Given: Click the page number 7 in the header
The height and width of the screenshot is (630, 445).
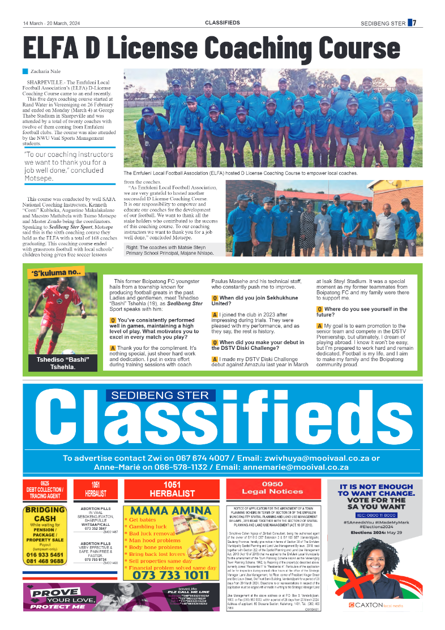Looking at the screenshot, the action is coord(414,23).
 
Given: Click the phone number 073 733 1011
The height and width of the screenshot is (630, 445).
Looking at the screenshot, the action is coord(170,575).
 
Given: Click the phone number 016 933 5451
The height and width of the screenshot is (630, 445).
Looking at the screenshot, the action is coord(45,555).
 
